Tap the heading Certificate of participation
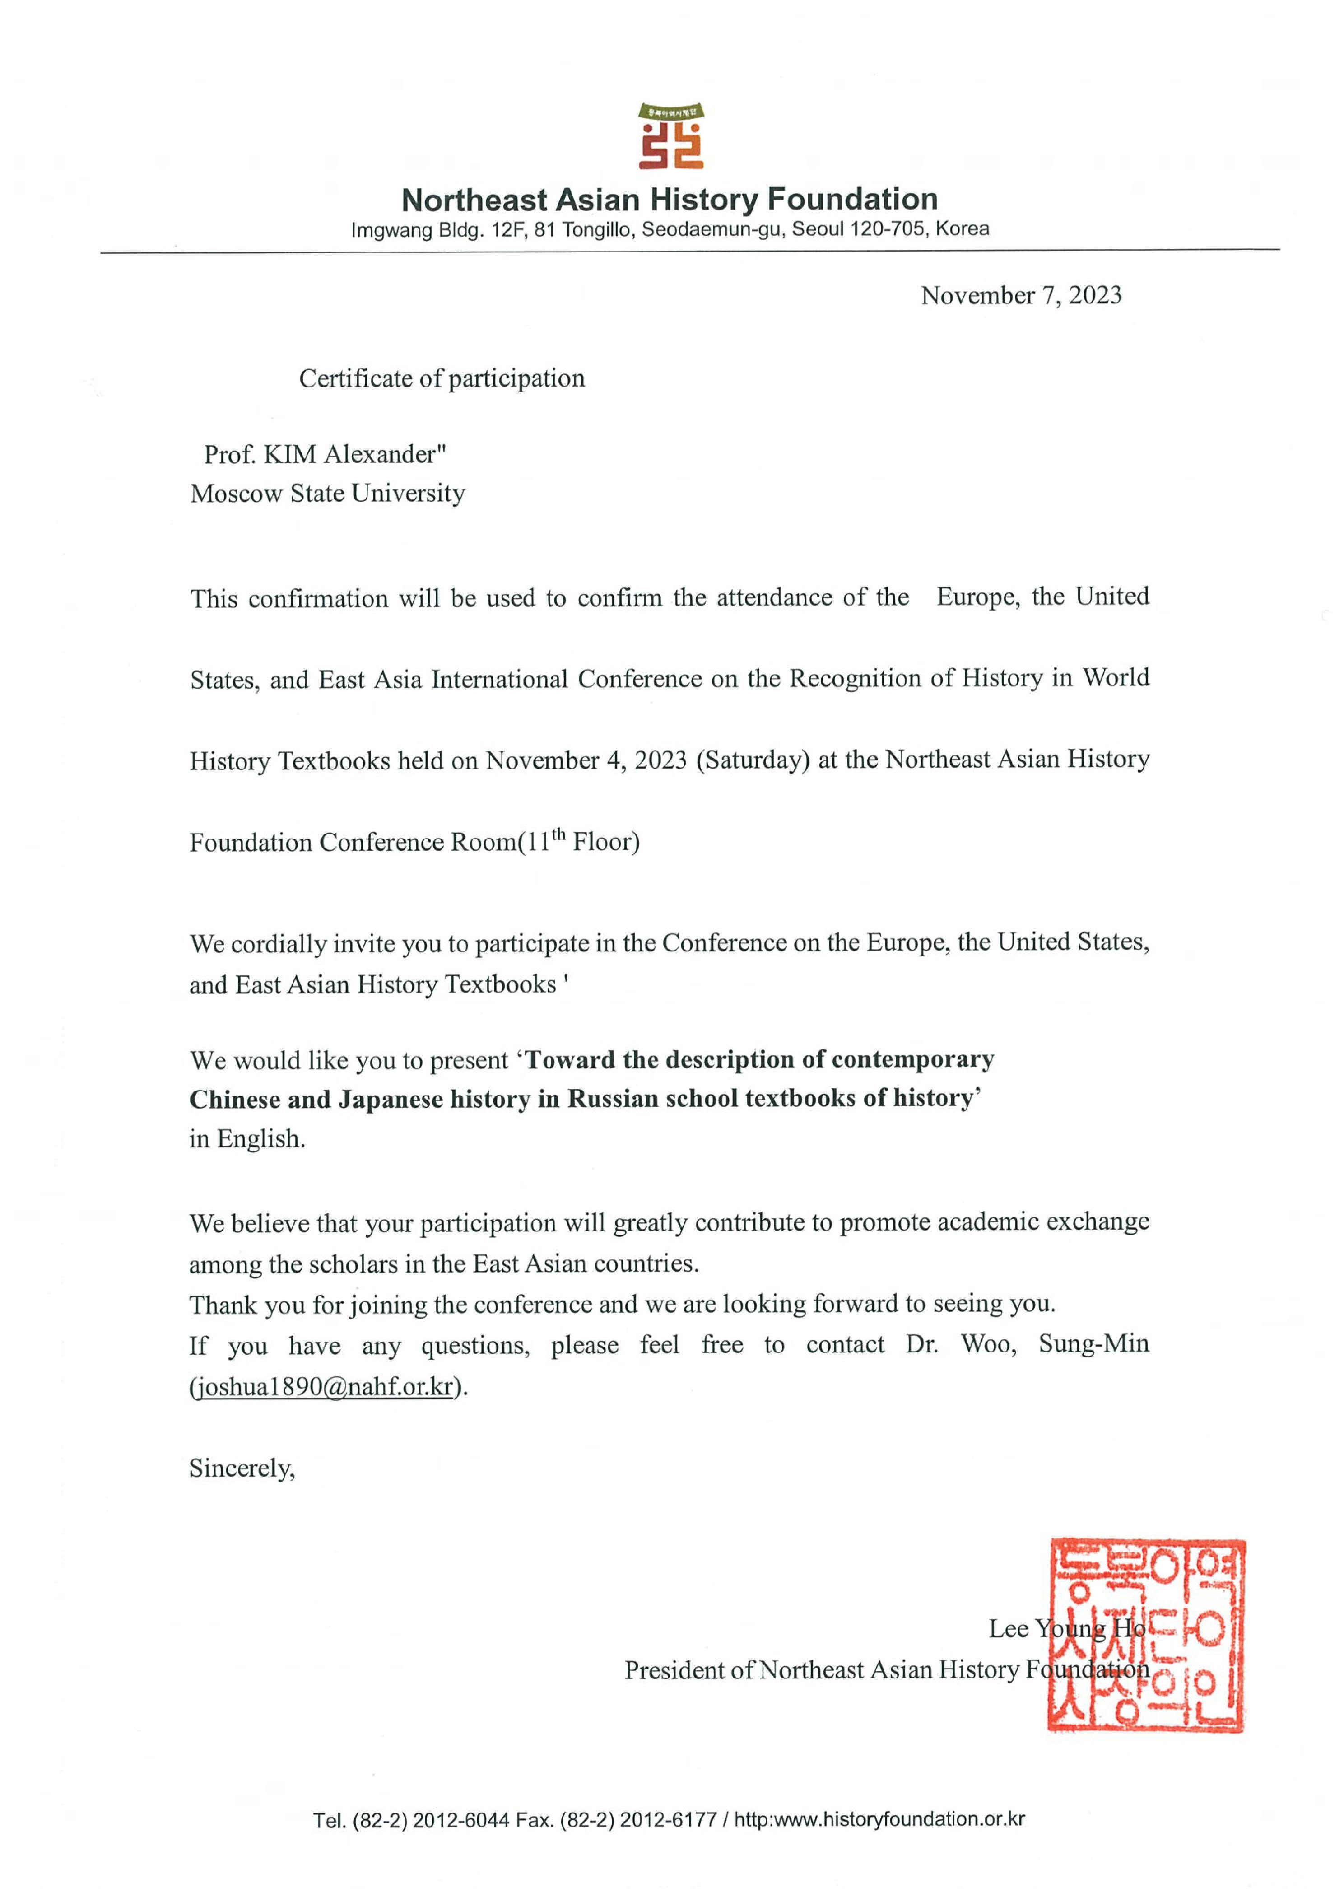[442, 378]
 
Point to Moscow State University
[328, 494]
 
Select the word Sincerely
[241, 1469]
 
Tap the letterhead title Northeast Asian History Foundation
[669, 200]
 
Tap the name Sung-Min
[1093, 1344]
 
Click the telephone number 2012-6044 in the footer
[460, 1820]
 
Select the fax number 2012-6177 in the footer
[667, 1820]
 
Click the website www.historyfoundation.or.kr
[898, 1820]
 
